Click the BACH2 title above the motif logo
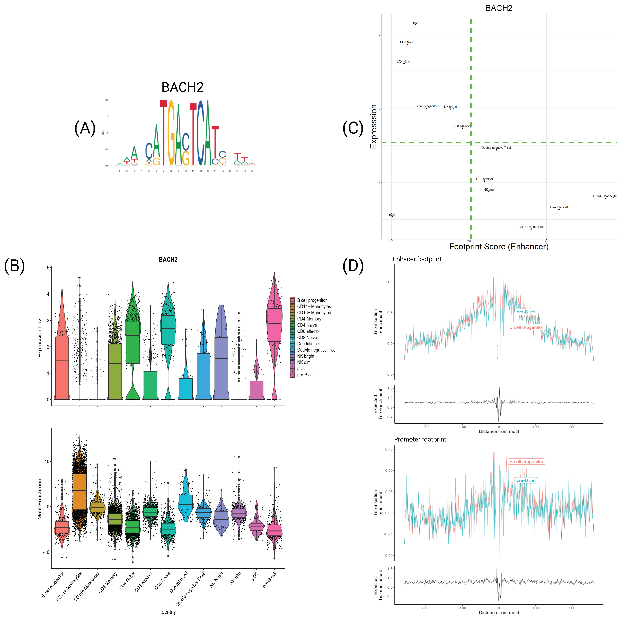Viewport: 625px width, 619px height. tap(182, 87)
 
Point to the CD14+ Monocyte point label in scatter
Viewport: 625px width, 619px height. tap(604, 196)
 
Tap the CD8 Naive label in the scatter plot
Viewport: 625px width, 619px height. tap(407, 42)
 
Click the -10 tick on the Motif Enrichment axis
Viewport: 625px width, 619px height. tap(46, 552)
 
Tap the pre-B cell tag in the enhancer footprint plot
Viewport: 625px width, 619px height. tap(526, 312)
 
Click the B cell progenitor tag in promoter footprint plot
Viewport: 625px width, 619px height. tap(526, 462)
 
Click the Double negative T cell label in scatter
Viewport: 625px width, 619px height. tap(496, 148)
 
